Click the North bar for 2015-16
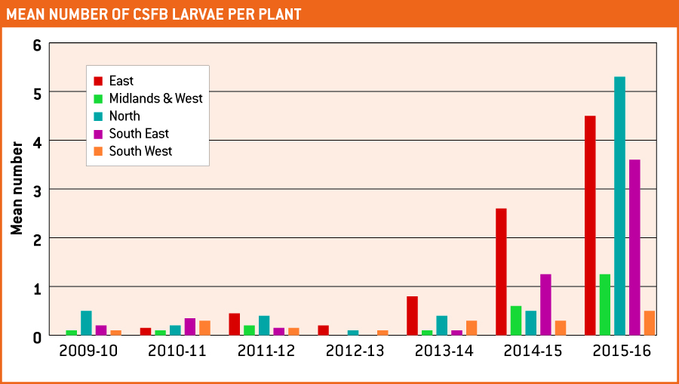click(x=619, y=206)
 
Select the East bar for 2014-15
click(x=501, y=271)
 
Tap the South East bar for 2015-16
click(x=634, y=247)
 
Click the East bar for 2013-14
click(x=412, y=315)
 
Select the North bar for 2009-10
click(x=86, y=323)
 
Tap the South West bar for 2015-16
click(x=649, y=323)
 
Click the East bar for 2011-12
click(x=234, y=324)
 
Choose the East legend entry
click(x=121, y=81)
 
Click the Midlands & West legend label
click(x=155, y=98)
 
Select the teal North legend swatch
click(x=98, y=116)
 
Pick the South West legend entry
click(x=140, y=151)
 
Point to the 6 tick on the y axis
click(x=36, y=45)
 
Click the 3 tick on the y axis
click(x=36, y=190)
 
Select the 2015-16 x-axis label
click(x=622, y=351)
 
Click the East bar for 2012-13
click(x=323, y=330)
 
